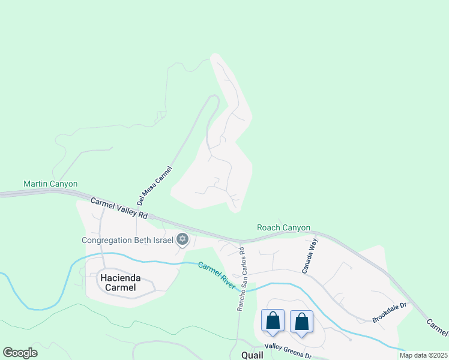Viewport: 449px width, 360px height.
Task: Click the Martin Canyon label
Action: (x=50, y=184)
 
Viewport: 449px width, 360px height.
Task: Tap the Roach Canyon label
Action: (x=283, y=227)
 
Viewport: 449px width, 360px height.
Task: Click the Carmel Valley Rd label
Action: (x=119, y=207)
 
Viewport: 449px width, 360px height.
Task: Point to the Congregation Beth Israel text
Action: (x=127, y=241)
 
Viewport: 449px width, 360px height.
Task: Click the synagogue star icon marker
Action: (x=182, y=241)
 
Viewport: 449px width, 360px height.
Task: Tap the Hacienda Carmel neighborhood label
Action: (x=118, y=283)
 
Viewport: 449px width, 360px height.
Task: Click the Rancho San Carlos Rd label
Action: (x=240, y=278)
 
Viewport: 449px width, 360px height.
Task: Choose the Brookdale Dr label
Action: (x=390, y=313)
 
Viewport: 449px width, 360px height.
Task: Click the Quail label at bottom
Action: (x=252, y=355)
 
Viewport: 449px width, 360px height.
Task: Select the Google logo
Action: (x=20, y=353)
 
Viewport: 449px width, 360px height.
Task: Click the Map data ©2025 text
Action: (x=423, y=355)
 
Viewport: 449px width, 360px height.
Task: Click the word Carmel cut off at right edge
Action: (x=437, y=327)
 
